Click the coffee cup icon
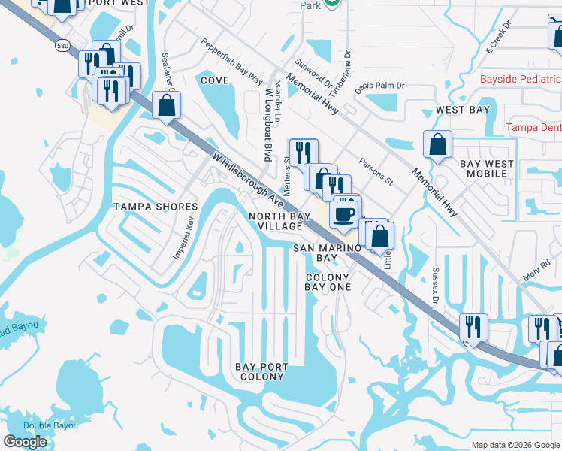coord(345,213)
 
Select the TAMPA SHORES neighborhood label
coord(155,207)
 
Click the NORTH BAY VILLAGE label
coord(279,221)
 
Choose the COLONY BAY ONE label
coord(328,282)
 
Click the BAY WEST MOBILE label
coord(487,168)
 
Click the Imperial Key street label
coord(184,239)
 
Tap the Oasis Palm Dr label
coord(380,85)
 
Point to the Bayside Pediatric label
coord(521,79)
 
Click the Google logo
coord(25,442)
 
